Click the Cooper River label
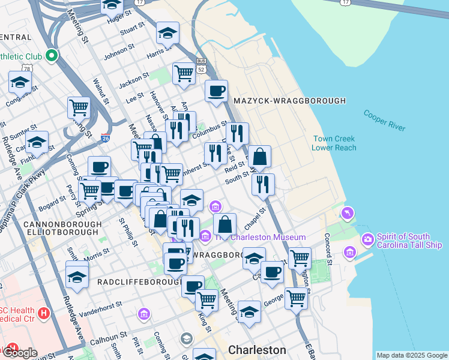pyautogui.click(x=384, y=120)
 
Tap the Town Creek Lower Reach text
pyautogui.click(x=334, y=143)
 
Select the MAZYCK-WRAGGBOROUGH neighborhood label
pyautogui.click(x=290, y=101)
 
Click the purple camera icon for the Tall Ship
pyautogui.click(x=367, y=241)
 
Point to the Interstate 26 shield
pyautogui.click(x=105, y=138)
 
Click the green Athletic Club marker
pyautogui.click(x=52, y=56)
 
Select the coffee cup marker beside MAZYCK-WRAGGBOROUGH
pyautogui.click(x=216, y=91)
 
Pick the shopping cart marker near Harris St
pyautogui.click(x=184, y=73)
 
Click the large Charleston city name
pyautogui.click(x=257, y=350)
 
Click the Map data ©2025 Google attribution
pyautogui.click(x=412, y=355)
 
